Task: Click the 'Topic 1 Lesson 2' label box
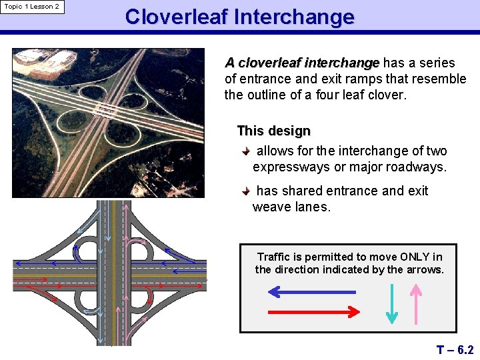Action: point(32,7)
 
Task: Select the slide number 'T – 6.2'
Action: point(455,349)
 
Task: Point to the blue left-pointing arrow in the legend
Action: point(311,292)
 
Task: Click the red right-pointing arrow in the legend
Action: point(314,311)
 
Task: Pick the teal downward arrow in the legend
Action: point(392,304)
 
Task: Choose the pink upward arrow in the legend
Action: point(416,304)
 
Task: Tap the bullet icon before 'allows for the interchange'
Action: point(247,151)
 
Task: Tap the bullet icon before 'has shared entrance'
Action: point(247,191)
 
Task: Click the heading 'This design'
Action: point(273,131)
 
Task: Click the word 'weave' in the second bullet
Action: point(271,207)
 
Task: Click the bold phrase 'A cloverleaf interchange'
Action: point(302,63)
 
